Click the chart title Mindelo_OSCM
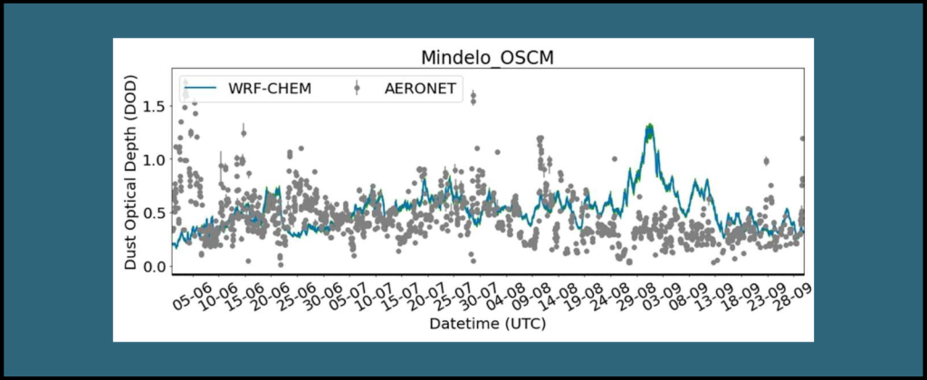(486, 58)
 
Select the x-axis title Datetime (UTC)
(486, 323)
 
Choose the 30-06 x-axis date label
(318, 292)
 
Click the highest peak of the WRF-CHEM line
(648, 128)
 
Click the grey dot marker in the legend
(358, 88)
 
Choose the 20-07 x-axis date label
(418, 292)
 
